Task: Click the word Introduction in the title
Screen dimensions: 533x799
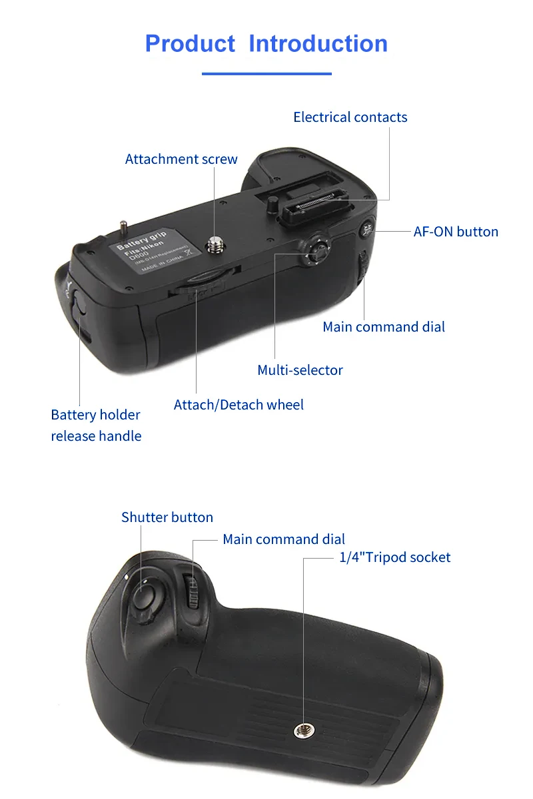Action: pyautogui.click(x=318, y=44)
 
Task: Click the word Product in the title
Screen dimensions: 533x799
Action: pyautogui.click(x=190, y=44)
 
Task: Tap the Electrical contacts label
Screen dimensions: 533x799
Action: pyautogui.click(x=350, y=117)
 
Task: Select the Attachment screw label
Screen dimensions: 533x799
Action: pyautogui.click(x=181, y=159)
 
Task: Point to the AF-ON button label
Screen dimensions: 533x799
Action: pyautogui.click(x=456, y=232)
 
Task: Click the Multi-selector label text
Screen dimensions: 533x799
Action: pyautogui.click(x=300, y=370)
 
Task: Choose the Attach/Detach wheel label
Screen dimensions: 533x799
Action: pyautogui.click(x=239, y=405)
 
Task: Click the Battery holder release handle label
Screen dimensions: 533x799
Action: pyautogui.click(x=96, y=425)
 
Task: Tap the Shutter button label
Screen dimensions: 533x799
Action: pyautogui.click(x=167, y=517)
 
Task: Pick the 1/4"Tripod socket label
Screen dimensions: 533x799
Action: pyautogui.click(x=395, y=557)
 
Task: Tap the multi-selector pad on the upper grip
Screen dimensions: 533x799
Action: pyautogui.click(x=316, y=252)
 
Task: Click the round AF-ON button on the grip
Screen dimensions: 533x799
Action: pyautogui.click(x=366, y=231)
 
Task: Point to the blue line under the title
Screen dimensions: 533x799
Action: pyautogui.click(x=266, y=73)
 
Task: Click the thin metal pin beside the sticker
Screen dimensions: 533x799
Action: pyautogui.click(x=123, y=228)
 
